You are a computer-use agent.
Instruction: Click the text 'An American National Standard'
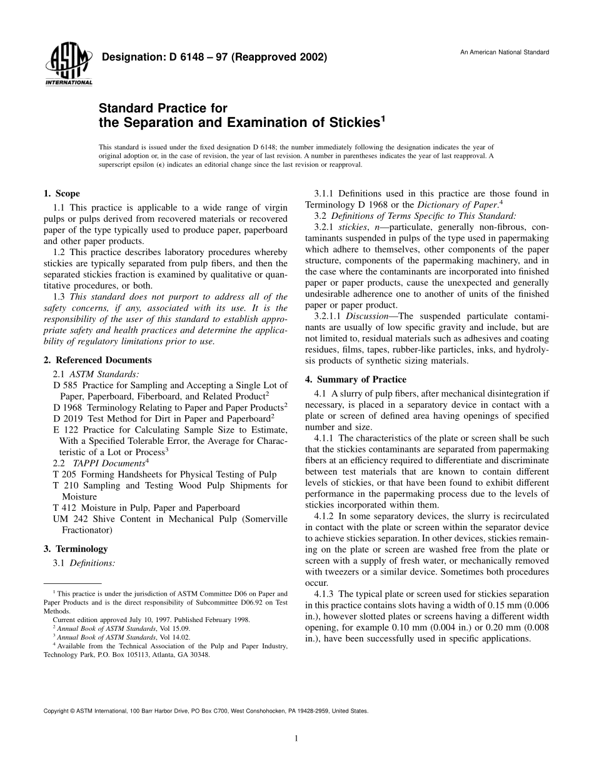(505, 52)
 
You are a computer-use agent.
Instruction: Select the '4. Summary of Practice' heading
(355, 379)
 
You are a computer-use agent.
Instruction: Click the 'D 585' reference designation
(66, 385)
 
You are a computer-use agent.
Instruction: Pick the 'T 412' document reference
(66, 508)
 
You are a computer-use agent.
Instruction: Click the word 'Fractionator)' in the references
(88, 530)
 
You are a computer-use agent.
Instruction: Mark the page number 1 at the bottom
(296, 738)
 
